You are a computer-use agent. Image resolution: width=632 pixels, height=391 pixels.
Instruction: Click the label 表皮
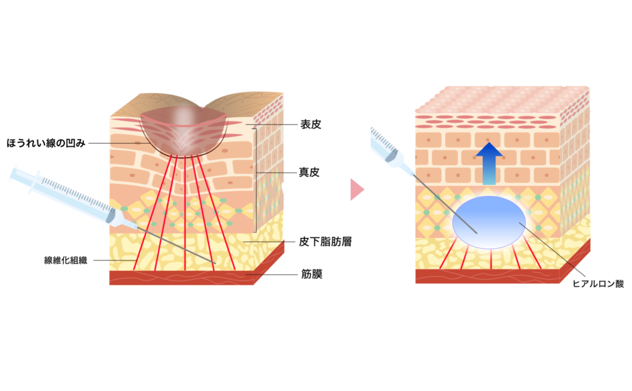coord(310,125)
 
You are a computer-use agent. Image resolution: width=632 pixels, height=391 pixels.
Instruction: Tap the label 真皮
coord(310,171)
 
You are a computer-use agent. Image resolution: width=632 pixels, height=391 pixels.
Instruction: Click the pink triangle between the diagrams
coord(357,189)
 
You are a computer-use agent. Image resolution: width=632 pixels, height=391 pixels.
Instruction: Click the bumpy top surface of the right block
coord(499,101)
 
